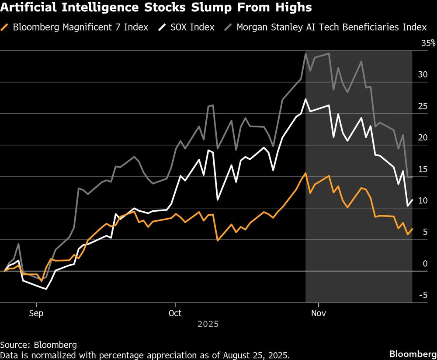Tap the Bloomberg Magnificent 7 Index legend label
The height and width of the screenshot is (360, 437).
click(80, 27)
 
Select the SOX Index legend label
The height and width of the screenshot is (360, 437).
click(193, 27)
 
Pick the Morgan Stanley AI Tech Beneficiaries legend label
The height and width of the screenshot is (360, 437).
click(331, 27)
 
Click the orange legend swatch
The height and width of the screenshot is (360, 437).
click(6, 27)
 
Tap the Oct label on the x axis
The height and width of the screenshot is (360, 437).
click(175, 313)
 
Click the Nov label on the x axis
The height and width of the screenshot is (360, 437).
click(319, 313)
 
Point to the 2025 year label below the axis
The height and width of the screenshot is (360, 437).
click(208, 325)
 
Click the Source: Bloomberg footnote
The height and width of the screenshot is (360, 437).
click(38, 344)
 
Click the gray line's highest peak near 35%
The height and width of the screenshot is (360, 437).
click(305, 53)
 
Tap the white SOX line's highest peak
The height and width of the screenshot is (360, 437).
click(305, 99)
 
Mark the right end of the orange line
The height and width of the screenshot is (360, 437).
click(413, 229)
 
